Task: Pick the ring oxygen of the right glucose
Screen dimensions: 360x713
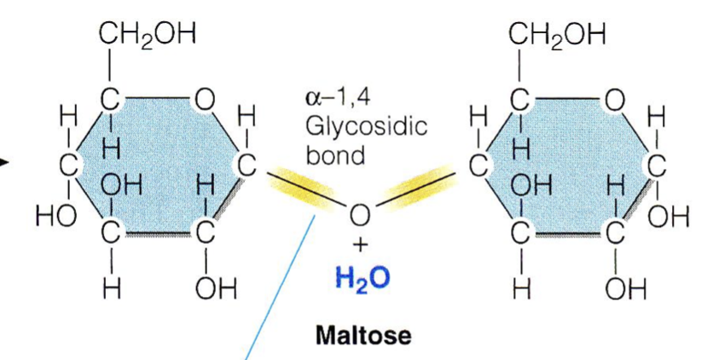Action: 612,101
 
